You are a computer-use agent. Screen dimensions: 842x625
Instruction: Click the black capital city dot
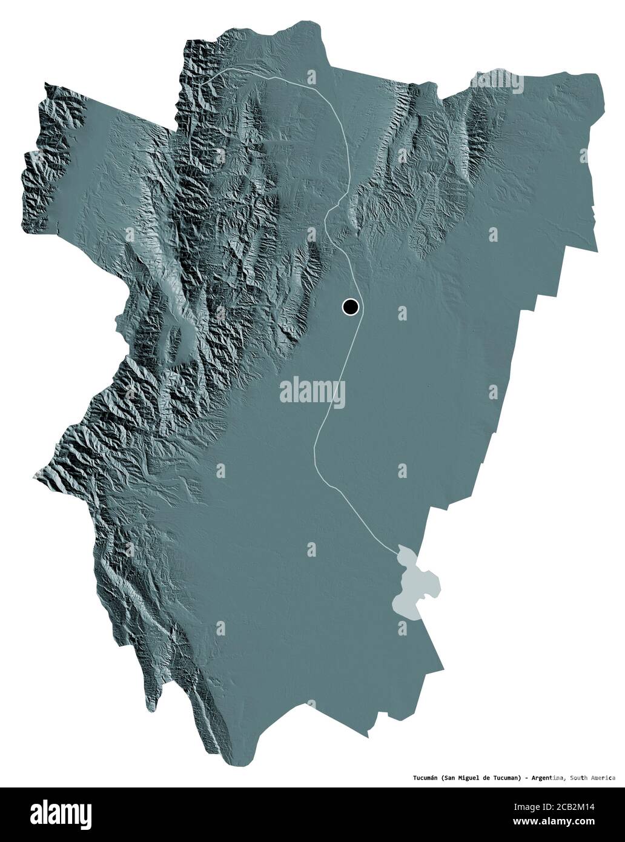click(350, 307)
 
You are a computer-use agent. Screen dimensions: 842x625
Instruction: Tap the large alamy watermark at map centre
click(312, 393)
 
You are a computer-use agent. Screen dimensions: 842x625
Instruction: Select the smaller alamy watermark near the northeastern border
click(497, 82)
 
